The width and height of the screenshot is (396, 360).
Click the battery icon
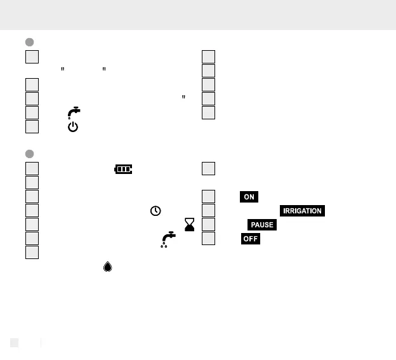(123, 169)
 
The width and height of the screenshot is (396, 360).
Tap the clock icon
(155, 211)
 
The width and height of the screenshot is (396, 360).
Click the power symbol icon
(73, 127)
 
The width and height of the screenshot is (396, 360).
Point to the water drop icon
(107, 267)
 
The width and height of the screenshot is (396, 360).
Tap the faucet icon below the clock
(168, 239)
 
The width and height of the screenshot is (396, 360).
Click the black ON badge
(249, 197)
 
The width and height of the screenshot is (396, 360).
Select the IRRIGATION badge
(301, 211)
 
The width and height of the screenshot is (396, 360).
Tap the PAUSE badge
(261, 225)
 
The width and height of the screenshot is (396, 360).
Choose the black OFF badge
(250, 239)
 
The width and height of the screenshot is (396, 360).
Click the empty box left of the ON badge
(208, 197)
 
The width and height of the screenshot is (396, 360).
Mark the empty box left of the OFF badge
(208, 239)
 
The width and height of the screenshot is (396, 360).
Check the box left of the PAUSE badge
(208, 225)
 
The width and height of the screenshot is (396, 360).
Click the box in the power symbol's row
(32, 127)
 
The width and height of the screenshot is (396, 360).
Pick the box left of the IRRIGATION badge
(208, 211)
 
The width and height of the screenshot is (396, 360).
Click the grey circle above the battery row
(29, 154)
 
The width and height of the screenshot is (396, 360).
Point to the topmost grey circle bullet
(29, 42)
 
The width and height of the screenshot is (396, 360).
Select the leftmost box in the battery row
(32, 169)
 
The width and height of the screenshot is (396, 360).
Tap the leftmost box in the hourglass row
(32, 225)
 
